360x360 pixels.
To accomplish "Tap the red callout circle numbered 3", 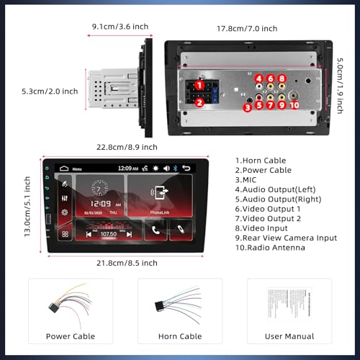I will point(247,107).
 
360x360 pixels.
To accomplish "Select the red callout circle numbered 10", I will point(294,106).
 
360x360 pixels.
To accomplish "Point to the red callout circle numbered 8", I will point(282,79).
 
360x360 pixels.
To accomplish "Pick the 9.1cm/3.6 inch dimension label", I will point(120,27).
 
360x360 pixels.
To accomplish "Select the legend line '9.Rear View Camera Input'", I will point(285,237).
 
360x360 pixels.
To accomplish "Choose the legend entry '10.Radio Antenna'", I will point(270,248).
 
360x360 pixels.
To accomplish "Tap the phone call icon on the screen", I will point(156,231).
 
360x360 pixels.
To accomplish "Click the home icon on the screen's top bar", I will point(63,168).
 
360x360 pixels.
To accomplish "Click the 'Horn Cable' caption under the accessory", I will point(179,336).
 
